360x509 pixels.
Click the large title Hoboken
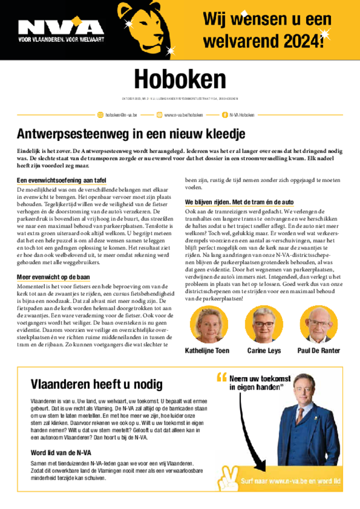coord(180,79)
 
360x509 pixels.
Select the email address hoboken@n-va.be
coord(121,115)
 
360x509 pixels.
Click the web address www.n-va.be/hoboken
coord(183,115)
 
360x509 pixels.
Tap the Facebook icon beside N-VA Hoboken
coord(224,115)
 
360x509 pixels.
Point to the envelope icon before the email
coord(100,115)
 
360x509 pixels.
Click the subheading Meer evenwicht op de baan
coord(53,277)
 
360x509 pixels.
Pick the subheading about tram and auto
coord(239,202)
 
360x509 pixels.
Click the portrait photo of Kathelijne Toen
coord(208,324)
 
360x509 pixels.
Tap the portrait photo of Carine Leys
coord(264,324)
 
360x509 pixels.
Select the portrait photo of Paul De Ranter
coord(318,324)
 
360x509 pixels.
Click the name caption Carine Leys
coord(264,350)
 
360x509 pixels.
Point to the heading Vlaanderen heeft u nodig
coord(96,384)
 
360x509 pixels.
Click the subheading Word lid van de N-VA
coord(61,452)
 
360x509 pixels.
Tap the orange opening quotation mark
coord(222,378)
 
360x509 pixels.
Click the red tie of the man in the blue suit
coord(300,415)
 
